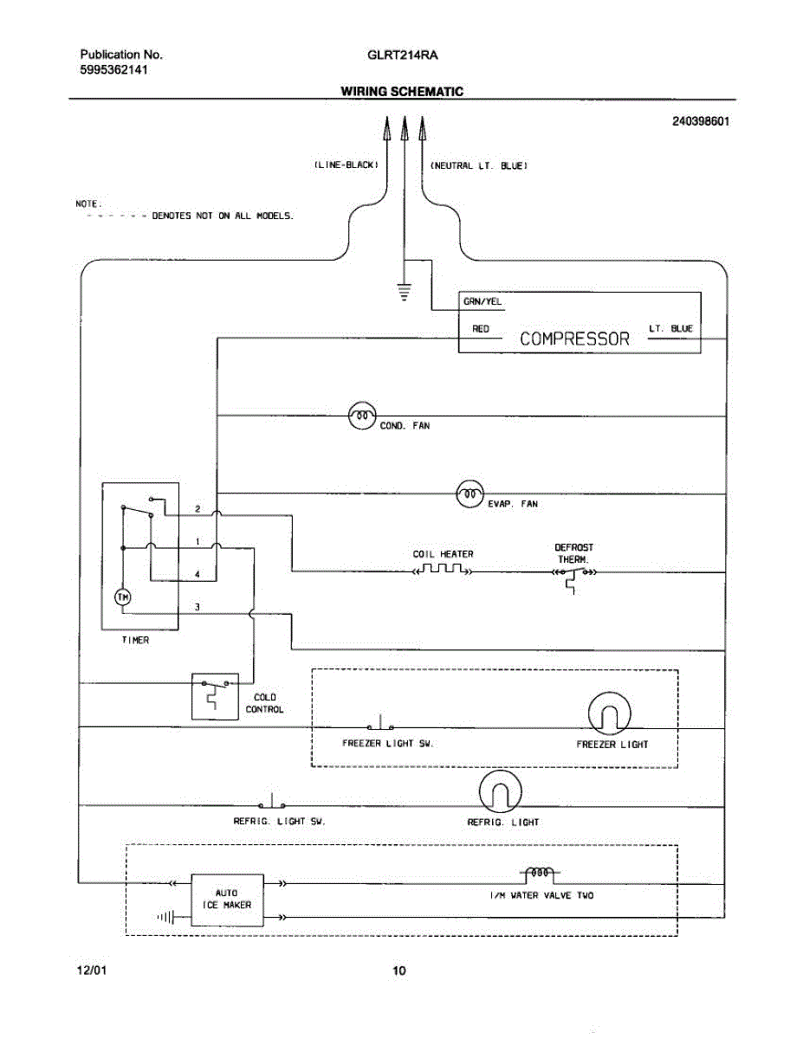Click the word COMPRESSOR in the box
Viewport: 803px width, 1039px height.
574,339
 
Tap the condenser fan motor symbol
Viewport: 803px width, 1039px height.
362,416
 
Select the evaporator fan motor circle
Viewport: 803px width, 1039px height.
470,494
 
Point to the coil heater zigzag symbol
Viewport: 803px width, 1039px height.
443,569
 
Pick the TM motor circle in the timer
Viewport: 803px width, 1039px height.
123,597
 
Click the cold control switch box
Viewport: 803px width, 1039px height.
215,696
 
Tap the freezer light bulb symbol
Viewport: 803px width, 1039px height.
609,713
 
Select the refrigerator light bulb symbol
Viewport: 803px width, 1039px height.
501,791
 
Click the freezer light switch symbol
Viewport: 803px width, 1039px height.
380,723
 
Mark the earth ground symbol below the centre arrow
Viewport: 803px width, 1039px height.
405,292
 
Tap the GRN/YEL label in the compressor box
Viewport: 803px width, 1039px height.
482,301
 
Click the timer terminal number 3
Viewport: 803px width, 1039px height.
197,607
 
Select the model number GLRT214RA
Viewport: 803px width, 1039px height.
402,55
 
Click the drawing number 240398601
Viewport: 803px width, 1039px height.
701,121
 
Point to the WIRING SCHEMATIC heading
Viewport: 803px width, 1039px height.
402,91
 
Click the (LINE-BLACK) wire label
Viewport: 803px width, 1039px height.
346,165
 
